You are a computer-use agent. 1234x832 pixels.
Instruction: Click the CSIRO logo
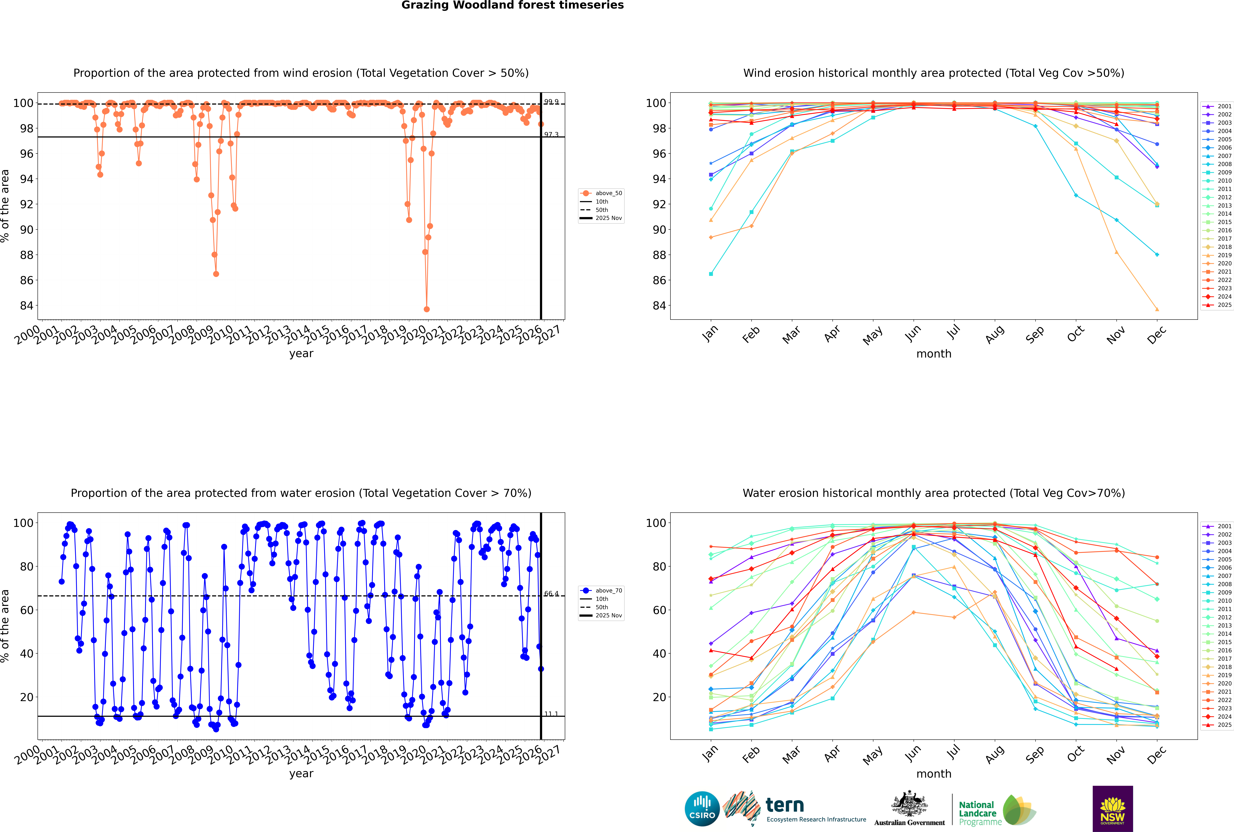click(702, 809)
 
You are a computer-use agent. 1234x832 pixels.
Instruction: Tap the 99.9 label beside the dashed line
click(551, 102)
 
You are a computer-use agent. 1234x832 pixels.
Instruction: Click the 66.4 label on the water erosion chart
click(551, 594)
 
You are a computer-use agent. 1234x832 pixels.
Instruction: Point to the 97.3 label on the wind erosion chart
click(551, 135)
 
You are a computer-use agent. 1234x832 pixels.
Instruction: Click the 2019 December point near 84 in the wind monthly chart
click(1157, 309)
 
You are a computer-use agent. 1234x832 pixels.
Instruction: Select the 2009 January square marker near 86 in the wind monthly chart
click(711, 274)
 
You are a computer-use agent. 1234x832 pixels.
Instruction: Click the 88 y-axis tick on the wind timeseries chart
click(26, 255)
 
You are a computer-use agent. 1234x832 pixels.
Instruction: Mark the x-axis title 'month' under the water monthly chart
click(934, 774)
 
